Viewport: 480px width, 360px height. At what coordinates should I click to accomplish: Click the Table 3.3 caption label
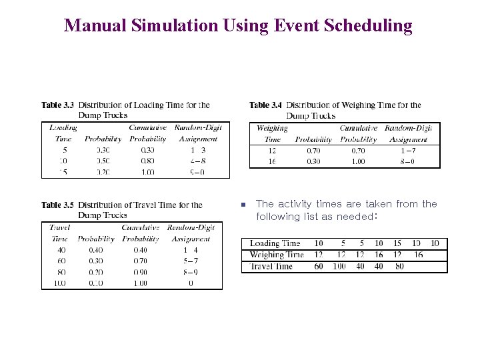(57, 105)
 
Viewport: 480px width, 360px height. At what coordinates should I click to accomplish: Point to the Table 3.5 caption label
(57, 205)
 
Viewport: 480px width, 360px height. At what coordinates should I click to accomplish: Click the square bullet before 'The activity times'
(244, 205)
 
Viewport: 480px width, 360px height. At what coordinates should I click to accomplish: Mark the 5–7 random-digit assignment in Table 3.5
(190, 261)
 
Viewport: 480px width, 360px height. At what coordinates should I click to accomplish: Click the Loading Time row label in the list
(275, 243)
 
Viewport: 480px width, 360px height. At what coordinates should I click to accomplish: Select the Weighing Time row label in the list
(276, 255)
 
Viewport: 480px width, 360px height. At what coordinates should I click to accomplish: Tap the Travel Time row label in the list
(271, 267)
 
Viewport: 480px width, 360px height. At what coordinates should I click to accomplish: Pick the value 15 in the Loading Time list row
(397, 243)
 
